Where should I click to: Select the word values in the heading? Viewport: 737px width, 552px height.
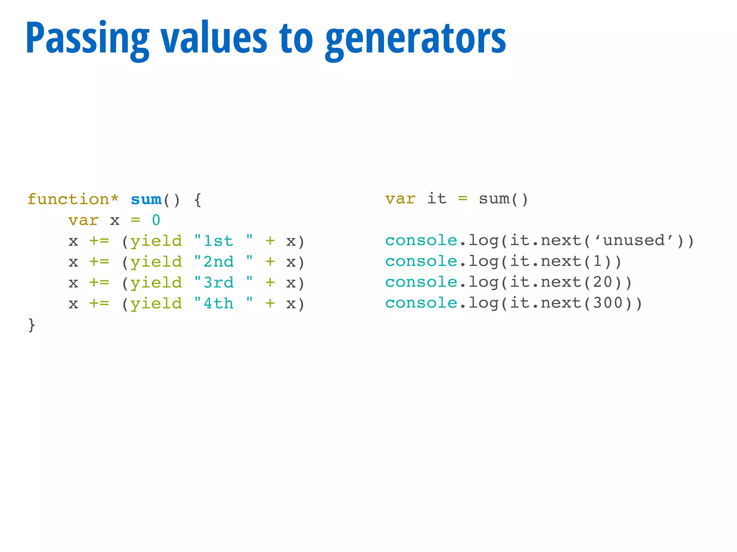pos(214,38)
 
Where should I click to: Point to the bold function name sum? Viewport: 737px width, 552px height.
pos(146,199)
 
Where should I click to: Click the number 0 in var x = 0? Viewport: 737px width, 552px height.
pos(156,220)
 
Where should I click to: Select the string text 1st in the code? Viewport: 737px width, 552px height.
pos(218,241)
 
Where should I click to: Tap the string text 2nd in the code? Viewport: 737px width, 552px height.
pos(218,262)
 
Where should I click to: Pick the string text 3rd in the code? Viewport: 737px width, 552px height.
pos(218,283)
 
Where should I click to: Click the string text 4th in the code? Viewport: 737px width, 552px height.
pos(218,304)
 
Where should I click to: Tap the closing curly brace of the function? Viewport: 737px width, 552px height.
pos(32,325)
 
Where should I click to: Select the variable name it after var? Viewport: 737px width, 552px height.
pos(437,199)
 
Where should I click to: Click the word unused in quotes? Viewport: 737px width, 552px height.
pos(634,240)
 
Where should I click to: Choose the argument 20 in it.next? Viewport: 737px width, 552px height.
pos(603,282)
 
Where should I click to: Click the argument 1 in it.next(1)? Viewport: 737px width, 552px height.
pos(597,261)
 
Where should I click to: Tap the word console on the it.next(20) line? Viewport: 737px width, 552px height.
pos(421,282)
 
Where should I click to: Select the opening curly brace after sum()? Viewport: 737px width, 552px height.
pos(198,199)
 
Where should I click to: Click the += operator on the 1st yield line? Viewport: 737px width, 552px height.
pos(99,241)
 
